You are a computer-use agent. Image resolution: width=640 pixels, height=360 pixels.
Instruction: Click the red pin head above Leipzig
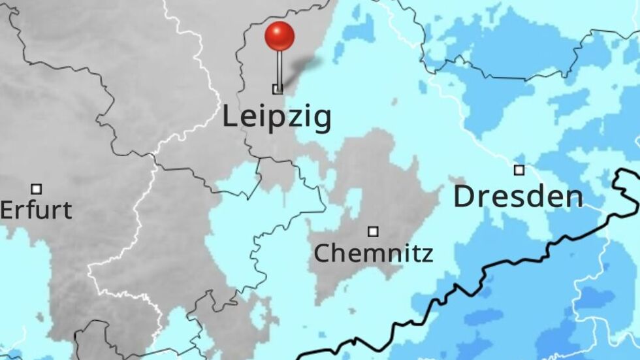pos(280,36)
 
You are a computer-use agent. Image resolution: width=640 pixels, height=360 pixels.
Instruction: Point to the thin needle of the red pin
pos(280,69)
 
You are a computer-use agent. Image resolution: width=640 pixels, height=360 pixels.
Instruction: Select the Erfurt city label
pos(36,210)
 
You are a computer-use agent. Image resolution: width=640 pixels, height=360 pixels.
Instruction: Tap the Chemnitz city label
pos(373,252)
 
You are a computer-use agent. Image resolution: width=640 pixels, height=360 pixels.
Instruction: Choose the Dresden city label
pos(518,196)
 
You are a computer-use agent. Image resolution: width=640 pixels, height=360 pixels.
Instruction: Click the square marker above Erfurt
pos(37,189)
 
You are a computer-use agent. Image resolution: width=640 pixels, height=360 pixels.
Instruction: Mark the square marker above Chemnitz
pos(373,231)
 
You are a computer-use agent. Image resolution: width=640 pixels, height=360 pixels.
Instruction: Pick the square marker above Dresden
pos(519,170)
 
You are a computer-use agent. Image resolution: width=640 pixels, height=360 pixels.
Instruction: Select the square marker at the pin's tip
pos(278,90)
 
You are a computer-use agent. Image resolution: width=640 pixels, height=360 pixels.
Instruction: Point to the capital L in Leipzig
pos(229,116)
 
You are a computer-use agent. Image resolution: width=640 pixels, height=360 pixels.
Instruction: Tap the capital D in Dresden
pos(463,196)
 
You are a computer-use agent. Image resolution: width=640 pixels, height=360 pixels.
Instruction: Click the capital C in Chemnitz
pos(321,252)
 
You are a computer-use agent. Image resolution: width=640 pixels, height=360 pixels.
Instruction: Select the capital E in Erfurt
pos(6,210)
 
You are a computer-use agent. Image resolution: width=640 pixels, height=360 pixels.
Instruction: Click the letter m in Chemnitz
pos(364,254)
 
